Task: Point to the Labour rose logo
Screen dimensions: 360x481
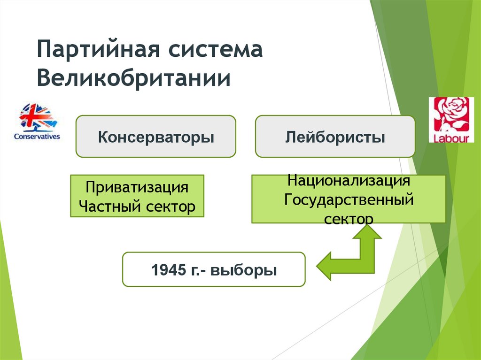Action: point(451,120)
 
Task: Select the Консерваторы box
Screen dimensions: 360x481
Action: point(156,137)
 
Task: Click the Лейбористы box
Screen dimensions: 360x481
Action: point(335,137)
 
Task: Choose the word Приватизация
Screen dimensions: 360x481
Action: point(137,188)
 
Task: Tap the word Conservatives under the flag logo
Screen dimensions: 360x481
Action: point(37,137)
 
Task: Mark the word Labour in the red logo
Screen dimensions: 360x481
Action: point(451,138)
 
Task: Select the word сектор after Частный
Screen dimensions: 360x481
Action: point(171,206)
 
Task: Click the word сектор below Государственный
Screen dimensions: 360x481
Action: point(349,218)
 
